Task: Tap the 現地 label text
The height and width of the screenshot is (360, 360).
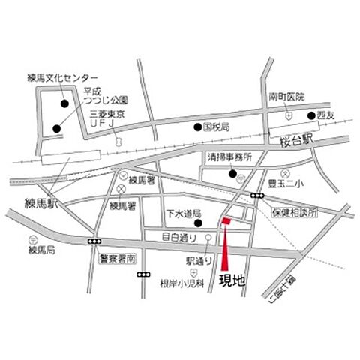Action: tap(232, 280)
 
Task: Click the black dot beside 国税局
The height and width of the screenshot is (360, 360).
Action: tap(198, 127)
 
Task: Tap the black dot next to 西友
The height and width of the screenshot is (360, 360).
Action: tap(310, 115)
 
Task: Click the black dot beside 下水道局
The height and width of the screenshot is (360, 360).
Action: tap(198, 223)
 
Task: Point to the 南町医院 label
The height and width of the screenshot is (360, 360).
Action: tap(288, 97)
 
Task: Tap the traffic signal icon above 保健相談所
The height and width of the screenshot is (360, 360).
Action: tap(258, 196)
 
